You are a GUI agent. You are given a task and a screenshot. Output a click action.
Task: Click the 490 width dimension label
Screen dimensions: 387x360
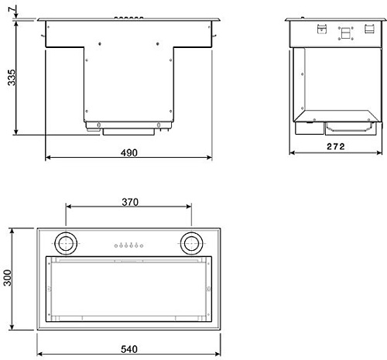129,153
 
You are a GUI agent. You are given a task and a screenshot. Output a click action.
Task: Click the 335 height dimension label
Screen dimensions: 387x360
12,77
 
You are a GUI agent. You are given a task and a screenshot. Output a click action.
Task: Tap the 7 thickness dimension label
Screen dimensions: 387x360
12,9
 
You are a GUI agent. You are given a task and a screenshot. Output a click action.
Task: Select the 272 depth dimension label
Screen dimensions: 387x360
336,146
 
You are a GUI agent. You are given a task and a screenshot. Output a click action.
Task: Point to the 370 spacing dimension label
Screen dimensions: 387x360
130,202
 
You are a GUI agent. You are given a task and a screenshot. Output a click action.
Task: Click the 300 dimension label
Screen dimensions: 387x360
8,278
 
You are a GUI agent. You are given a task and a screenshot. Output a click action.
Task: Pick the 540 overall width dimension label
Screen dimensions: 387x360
129,349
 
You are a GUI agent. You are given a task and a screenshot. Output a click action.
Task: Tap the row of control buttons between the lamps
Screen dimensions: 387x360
128,245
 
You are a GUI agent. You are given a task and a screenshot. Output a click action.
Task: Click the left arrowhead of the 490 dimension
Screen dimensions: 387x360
48,157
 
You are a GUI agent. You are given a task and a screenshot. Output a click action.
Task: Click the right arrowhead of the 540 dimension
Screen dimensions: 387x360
218,354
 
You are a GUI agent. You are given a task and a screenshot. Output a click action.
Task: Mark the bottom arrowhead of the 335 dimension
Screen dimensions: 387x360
16,132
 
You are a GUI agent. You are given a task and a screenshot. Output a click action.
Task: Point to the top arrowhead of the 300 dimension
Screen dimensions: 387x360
12,231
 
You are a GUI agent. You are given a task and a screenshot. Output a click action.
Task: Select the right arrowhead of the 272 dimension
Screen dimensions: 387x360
379,153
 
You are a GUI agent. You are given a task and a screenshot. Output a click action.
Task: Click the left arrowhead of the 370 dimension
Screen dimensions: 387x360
69,207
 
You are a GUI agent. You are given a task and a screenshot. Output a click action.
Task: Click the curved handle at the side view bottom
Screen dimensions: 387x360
349,130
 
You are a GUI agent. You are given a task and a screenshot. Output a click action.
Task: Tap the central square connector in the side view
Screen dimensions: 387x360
345,33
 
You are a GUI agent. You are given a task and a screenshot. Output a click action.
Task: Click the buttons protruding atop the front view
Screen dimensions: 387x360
128,18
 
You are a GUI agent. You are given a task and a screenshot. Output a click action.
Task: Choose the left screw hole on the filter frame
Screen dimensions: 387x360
49,289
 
